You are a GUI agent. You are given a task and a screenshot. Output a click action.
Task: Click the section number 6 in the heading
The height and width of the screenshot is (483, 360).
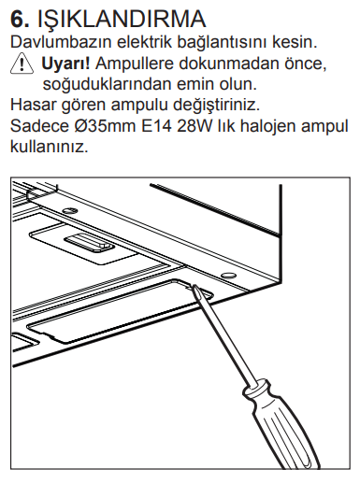(20, 20)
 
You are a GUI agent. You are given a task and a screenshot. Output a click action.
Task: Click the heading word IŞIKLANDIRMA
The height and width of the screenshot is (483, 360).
(122, 21)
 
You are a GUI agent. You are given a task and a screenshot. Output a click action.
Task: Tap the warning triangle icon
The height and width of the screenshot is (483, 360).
(22, 64)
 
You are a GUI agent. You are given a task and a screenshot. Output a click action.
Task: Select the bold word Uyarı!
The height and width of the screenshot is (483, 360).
(65, 64)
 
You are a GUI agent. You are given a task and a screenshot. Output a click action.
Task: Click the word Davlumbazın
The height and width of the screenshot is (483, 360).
(61, 42)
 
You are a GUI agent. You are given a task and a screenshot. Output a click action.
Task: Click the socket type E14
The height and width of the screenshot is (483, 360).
(156, 126)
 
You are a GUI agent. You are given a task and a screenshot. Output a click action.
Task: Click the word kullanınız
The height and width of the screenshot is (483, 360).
(50, 147)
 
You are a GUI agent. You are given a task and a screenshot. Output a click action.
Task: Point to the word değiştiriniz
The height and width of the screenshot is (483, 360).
(216, 106)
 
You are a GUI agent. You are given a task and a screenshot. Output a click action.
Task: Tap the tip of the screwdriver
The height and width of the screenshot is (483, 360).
(194, 287)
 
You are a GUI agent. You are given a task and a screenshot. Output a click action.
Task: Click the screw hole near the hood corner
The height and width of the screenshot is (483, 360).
(227, 275)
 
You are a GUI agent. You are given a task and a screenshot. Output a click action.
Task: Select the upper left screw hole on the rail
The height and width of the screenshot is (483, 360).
(69, 210)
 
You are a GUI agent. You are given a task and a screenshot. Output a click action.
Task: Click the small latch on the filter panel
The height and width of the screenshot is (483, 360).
(89, 242)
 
